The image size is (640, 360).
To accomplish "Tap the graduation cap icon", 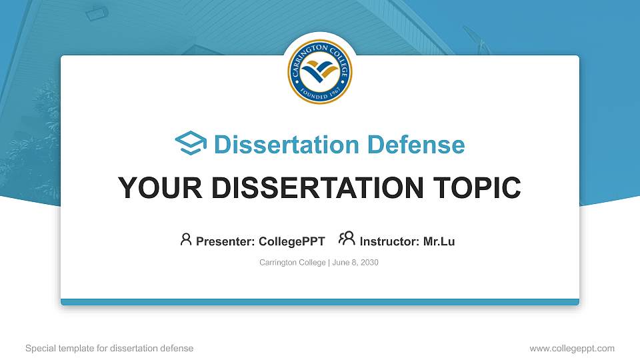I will (191, 144).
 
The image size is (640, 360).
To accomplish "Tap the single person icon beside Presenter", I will (186, 239).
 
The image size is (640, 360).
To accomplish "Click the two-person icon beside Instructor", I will (346, 239).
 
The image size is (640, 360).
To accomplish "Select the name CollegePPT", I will (293, 241).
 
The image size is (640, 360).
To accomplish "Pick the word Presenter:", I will (225, 241).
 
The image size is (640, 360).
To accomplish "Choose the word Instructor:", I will (389, 241).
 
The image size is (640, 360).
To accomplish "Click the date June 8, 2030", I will (355, 263).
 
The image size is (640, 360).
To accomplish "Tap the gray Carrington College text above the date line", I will (292, 263).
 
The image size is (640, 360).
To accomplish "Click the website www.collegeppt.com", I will (572, 348).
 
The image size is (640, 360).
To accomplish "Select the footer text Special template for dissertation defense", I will (109, 348).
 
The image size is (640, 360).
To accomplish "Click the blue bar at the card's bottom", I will (319, 302).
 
